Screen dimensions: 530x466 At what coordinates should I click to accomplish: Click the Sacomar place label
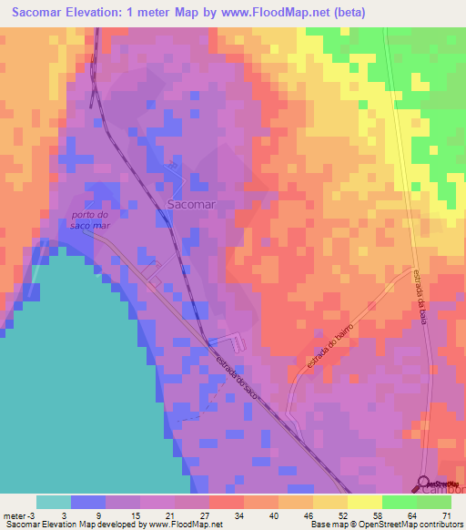tap(191, 205)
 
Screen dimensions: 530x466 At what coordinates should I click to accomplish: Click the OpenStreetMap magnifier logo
tap(424, 484)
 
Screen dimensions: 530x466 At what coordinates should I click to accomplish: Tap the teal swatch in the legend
tap(53, 502)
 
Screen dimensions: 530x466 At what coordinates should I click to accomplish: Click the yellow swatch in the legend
tap(330, 502)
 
